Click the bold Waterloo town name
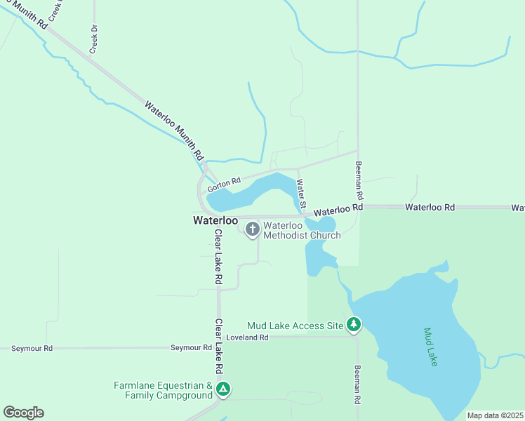tap(215, 220)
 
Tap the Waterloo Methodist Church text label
tap(302, 230)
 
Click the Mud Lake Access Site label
tap(295, 326)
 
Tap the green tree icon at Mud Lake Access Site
tap(355, 324)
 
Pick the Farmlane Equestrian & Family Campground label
tap(164, 391)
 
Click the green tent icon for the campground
tap(223, 389)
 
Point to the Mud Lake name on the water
tap(431, 347)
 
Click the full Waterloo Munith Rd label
tap(174, 130)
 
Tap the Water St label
tap(302, 196)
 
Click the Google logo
tap(23, 413)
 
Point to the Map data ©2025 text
tap(496, 415)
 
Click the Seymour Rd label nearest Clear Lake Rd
tap(192, 347)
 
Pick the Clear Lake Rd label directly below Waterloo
tap(218, 256)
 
